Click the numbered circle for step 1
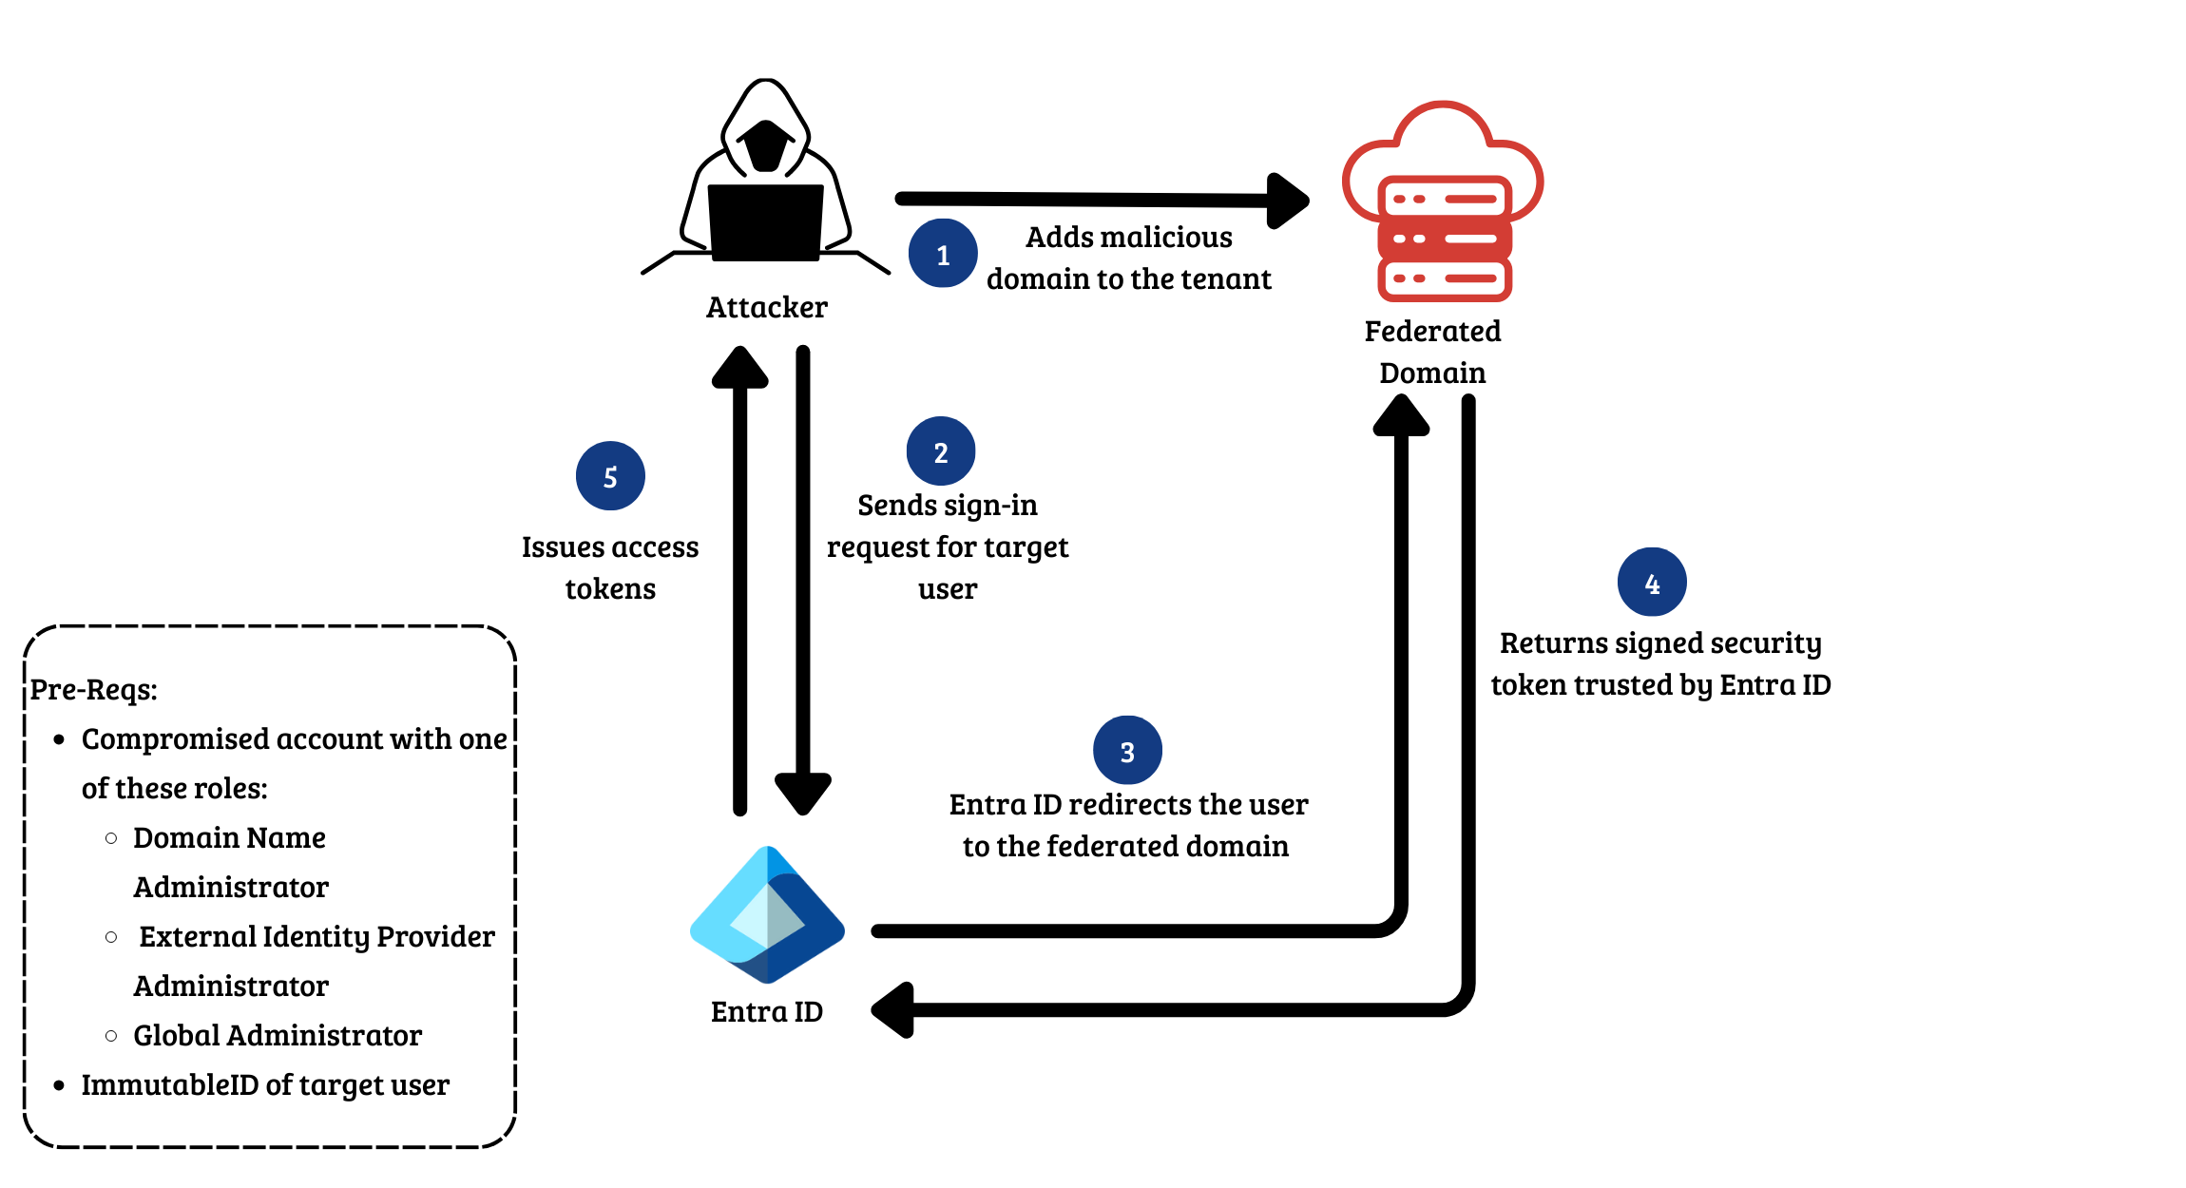(x=943, y=254)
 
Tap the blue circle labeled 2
(x=941, y=451)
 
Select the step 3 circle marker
(x=1127, y=751)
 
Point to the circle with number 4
(x=1652, y=583)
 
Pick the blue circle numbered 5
(x=610, y=476)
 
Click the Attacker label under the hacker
(x=766, y=307)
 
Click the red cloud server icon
(x=1443, y=201)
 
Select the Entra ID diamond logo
(x=767, y=915)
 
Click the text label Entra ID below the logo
(x=766, y=1011)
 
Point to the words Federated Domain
(x=1432, y=352)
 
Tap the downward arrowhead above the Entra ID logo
(x=803, y=793)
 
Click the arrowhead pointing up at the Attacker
(x=739, y=368)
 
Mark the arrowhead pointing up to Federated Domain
(x=1401, y=415)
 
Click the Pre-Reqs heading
(x=93, y=689)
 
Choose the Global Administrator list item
(x=277, y=1035)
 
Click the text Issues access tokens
(x=610, y=567)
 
